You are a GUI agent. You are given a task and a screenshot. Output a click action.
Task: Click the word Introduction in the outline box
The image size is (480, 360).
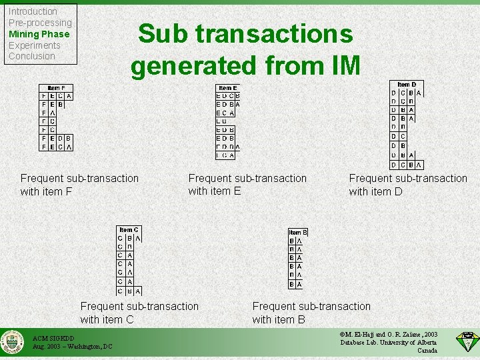(33, 11)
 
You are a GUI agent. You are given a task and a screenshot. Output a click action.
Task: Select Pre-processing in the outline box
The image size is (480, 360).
(40, 23)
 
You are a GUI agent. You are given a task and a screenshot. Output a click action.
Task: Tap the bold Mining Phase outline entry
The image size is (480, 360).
(39, 34)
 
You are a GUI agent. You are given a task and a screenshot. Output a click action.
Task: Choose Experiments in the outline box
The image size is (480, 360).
(34, 45)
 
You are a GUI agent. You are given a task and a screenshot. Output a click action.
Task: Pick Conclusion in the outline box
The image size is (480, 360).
(31, 56)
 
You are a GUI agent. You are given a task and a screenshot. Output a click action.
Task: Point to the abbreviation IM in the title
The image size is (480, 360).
(341, 65)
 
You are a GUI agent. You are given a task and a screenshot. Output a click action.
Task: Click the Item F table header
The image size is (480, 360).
(56, 88)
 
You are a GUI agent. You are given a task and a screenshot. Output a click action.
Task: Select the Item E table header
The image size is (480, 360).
(227, 88)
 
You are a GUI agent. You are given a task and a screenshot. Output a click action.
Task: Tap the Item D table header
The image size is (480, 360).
(406, 85)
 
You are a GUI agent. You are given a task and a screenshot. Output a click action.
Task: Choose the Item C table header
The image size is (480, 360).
(129, 230)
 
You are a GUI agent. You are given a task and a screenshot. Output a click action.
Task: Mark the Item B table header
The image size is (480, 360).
(297, 232)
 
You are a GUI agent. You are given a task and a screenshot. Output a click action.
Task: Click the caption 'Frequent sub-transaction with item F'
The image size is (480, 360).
(79, 185)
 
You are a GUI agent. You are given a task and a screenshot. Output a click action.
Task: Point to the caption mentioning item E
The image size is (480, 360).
(247, 185)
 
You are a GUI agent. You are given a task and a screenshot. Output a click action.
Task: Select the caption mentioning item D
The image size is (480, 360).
(408, 185)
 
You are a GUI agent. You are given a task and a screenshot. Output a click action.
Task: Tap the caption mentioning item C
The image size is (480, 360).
(139, 313)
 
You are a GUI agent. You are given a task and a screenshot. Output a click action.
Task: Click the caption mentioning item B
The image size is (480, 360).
(311, 313)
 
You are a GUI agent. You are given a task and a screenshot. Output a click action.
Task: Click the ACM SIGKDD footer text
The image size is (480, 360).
(53, 338)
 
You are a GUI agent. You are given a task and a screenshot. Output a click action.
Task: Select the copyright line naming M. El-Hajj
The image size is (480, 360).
(389, 334)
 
